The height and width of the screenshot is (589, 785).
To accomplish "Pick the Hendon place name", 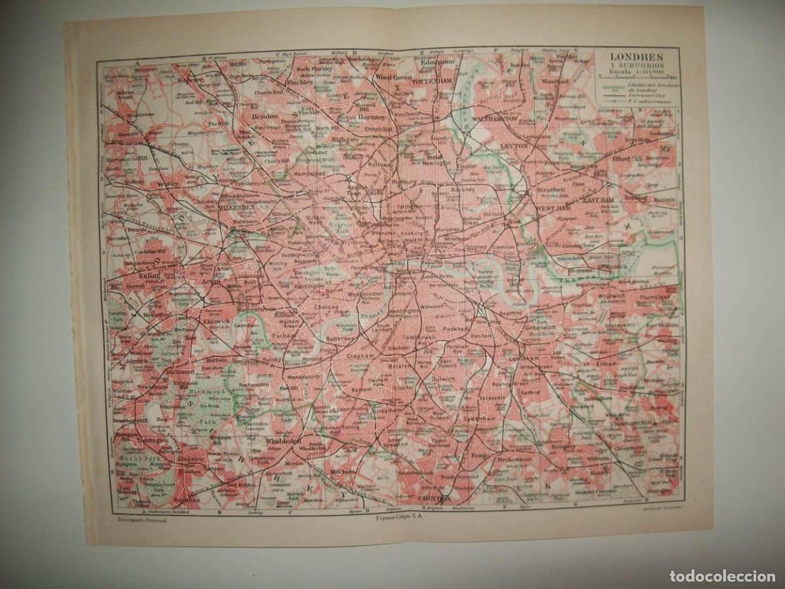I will click(265, 116).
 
